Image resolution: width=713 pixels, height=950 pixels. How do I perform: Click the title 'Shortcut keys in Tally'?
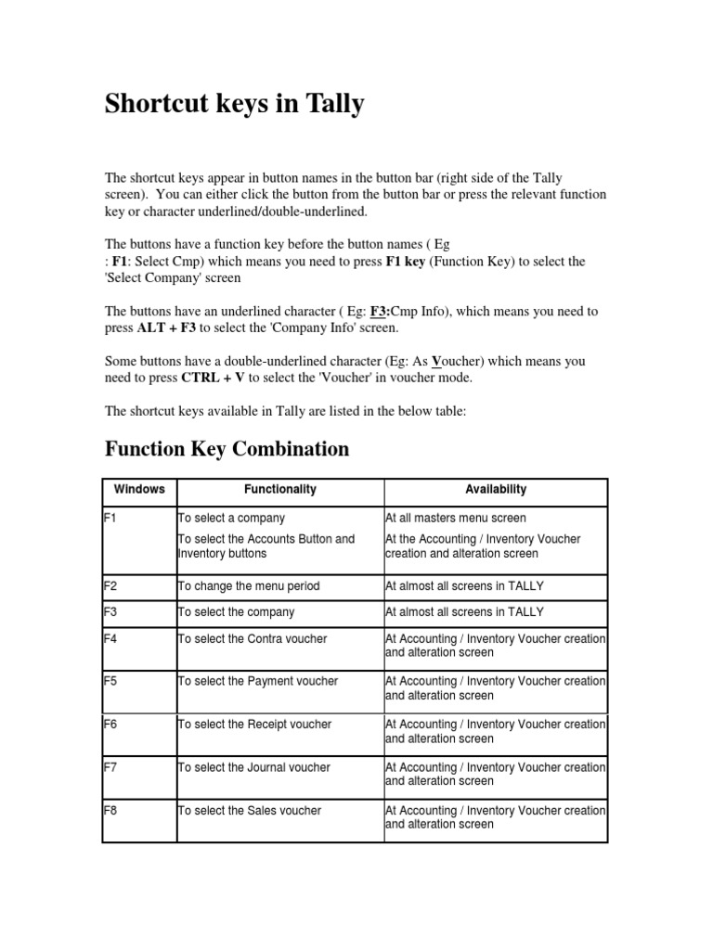[234, 105]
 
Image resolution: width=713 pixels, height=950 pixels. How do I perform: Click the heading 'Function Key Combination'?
[227, 450]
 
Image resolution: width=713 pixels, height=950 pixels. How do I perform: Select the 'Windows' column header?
[139, 489]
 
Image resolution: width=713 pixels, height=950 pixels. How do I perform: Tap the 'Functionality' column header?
[279, 489]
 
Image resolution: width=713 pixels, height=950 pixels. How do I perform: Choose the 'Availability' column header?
[496, 489]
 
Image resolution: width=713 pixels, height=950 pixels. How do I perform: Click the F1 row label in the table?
[110, 518]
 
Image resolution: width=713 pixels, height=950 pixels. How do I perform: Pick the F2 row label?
[110, 585]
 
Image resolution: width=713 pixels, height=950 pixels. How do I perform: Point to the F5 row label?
[110, 681]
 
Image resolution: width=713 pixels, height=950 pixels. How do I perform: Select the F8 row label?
[110, 811]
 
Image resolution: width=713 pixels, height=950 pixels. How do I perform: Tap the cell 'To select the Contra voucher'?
[252, 638]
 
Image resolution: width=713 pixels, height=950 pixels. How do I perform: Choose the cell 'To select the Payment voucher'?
[257, 681]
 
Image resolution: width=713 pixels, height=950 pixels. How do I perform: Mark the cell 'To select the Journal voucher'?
[253, 767]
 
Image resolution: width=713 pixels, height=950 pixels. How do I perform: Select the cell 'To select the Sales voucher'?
[249, 811]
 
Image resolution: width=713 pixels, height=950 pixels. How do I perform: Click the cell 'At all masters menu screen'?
[455, 518]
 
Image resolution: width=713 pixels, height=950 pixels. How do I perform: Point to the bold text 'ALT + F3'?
[165, 327]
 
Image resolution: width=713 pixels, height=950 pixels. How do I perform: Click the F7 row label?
[110, 767]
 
